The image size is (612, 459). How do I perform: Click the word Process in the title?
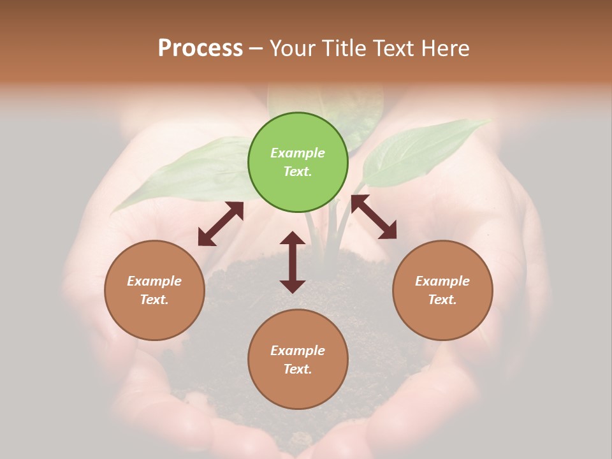[x=200, y=48]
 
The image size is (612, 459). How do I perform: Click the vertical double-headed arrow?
[x=293, y=262]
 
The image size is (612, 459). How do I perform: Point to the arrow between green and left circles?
[x=221, y=224]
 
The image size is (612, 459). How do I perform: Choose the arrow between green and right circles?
[x=374, y=217]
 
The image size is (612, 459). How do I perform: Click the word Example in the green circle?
[x=298, y=153]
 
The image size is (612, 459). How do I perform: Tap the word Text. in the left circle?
[x=154, y=300]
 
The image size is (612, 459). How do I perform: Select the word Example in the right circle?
[x=442, y=281]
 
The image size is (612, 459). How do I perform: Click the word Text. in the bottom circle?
[x=298, y=369]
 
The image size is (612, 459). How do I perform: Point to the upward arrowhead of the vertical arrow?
[x=293, y=238]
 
